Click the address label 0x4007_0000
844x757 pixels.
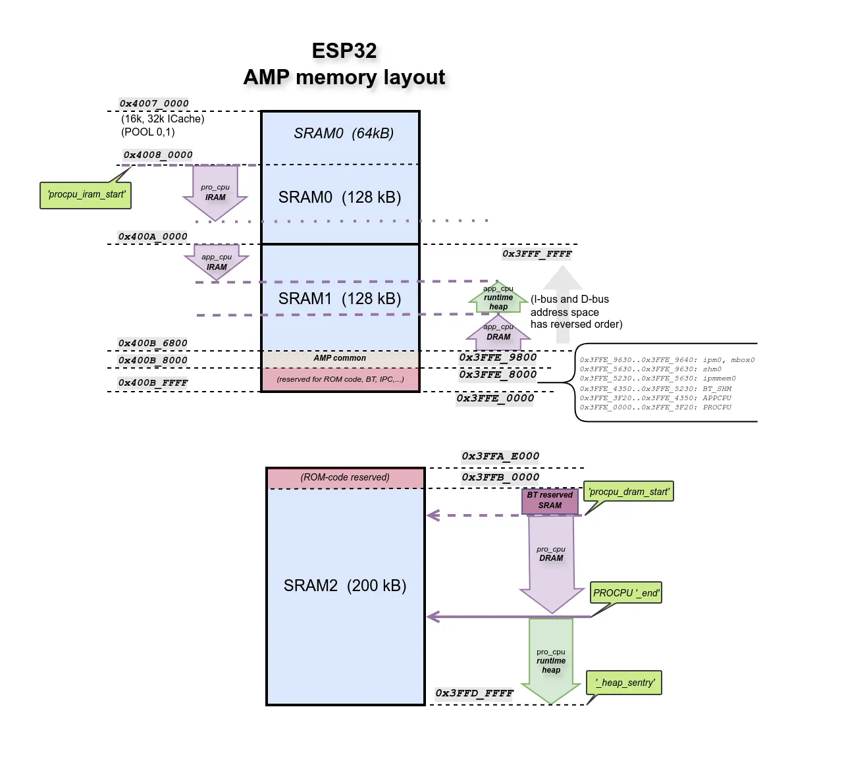[154, 103]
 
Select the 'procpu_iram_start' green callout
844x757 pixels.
[86, 195]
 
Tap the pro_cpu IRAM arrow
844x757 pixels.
[215, 192]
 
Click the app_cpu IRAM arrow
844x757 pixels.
[217, 262]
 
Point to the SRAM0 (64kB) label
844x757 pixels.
[343, 134]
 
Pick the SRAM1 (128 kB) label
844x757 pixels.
[340, 299]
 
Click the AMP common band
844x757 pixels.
[340, 358]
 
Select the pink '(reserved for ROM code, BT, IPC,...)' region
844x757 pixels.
[340, 379]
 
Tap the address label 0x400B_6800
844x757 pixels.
[153, 343]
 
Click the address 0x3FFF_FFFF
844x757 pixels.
[537, 254]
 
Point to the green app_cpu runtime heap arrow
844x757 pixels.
[498, 298]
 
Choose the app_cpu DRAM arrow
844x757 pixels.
[498, 333]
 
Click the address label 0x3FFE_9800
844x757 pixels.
[498, 357]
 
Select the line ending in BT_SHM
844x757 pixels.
[655, 388]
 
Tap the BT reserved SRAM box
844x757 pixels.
[550, 501]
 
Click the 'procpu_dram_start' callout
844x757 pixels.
[629, 492]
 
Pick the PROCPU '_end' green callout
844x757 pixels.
[625, 592]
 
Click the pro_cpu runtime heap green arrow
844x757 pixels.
[551, 662]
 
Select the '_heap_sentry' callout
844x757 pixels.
[624, 683]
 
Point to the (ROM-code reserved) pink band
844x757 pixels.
[345, 477]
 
